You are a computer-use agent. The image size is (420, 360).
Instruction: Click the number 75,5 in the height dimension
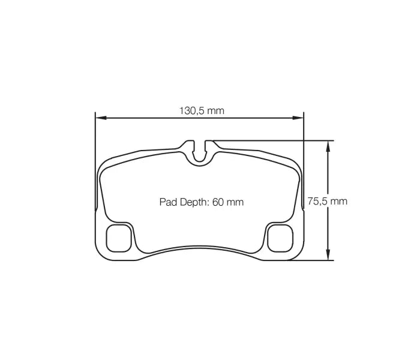[x=317, y=202]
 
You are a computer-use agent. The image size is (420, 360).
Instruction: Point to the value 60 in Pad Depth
[x=218, y=202]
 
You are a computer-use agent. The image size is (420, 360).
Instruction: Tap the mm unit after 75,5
[x=338, y=202]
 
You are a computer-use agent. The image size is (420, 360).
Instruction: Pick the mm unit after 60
[x=235, y=202]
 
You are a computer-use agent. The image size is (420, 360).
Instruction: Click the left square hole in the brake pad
[x=118, y=238]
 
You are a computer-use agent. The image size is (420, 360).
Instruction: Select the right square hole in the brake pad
[x=278, y=238]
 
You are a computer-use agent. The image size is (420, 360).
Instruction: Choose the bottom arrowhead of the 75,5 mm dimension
[x=328, y=256]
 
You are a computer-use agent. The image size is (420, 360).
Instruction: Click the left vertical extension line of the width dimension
[x=95, y=162]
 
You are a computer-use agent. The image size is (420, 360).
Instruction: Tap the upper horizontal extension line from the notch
[x=270, y=140]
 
